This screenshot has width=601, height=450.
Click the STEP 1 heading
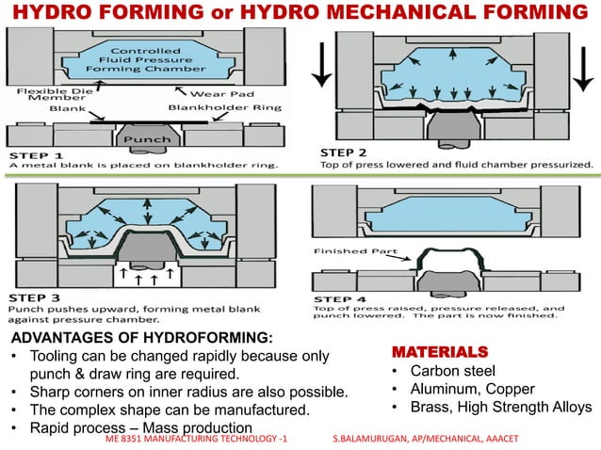37,153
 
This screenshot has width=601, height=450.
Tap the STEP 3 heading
37,295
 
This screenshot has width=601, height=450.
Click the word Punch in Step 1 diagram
147,139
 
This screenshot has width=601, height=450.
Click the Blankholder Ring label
218,107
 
